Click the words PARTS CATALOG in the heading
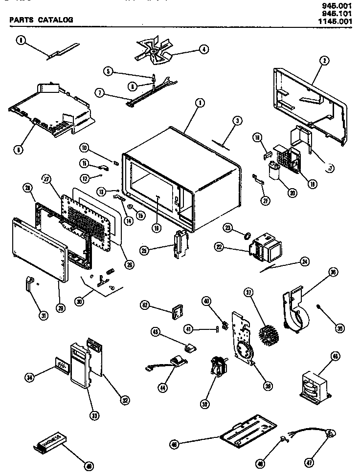(x=41, y=20)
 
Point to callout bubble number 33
(x=93, y=415)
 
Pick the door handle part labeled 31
(x=30, y=283)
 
